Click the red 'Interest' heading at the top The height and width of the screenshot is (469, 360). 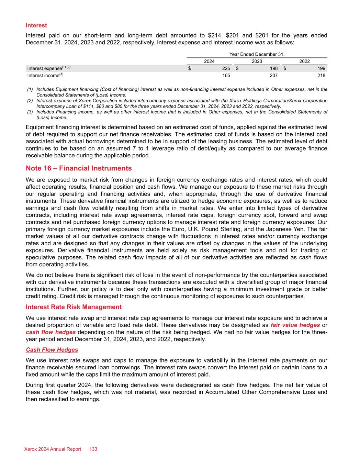click(36, 25)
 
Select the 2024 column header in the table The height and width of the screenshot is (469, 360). click(209, 61)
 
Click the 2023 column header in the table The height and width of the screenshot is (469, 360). click(257, 61)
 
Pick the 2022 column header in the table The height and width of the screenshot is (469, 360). click(304, 61)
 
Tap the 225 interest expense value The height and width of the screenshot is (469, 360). click(226, 68)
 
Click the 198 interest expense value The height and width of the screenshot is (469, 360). click(273, 68)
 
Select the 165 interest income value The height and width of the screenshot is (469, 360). click(226, 75)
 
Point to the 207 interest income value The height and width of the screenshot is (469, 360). click(273, 75)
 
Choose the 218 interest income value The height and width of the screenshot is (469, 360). click(321, 75)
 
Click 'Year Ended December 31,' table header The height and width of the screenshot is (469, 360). click(257, 54)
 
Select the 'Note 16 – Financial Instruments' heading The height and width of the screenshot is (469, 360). click(79, 168)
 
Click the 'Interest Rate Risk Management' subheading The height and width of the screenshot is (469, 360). click(74, 307)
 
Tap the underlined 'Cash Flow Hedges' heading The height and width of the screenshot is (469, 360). click(52, 350)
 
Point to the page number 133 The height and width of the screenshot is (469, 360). click(93, 449)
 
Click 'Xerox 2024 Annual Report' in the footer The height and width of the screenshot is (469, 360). click(53, 449)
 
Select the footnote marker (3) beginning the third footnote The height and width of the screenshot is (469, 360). click(30, 112)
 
